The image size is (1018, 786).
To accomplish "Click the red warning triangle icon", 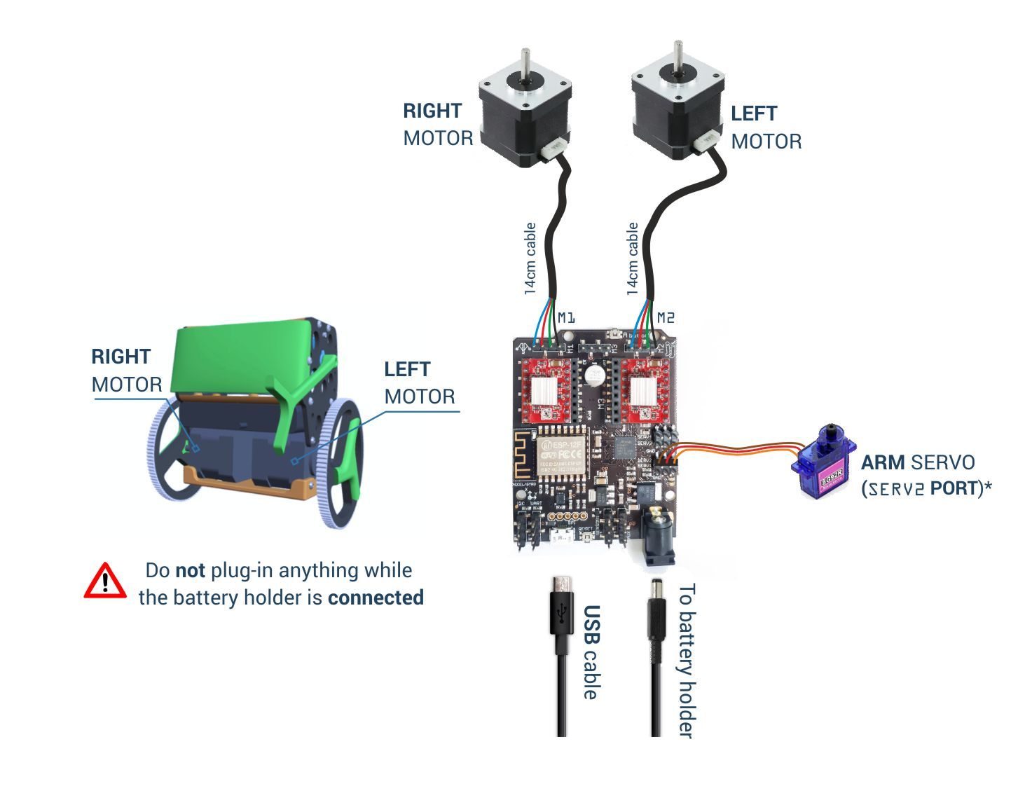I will (x=105, y=581).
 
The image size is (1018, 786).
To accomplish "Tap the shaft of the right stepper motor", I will (x=525, y=63).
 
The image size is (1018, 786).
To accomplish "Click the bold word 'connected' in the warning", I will (x=376, y=598).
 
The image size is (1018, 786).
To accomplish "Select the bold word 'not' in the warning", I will (x=190, y=570).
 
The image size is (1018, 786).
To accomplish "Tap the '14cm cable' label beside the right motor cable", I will (x=530, y=258).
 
